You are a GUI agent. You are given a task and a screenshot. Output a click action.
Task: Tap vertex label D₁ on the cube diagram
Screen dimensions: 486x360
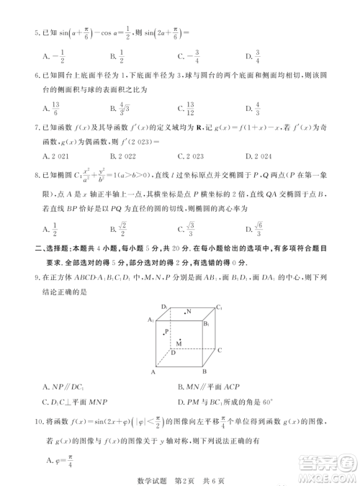tap(165, 307)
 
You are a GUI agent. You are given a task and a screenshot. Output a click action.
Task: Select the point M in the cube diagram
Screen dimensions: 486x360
tap(179, 343)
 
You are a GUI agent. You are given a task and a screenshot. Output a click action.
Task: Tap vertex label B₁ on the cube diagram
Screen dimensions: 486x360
tap(206, 324)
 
